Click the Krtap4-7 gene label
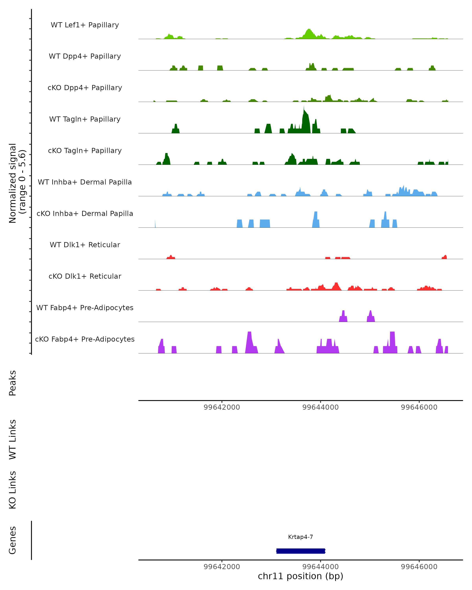tap(301, 537)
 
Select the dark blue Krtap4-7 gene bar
tap(301, 551)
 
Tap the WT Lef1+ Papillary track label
tap(85, 25)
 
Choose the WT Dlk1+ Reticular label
tap(85, 245)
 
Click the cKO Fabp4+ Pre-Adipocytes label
tap(85, 339)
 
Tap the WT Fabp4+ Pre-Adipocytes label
tap(85, 308)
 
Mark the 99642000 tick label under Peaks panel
tap(222, 407)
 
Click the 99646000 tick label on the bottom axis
tap(419, 567)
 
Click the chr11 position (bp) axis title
tap(301, 576)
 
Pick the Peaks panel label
tap(13, 383)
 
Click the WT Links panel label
tap(13, 439)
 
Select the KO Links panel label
tap(13, 490)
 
